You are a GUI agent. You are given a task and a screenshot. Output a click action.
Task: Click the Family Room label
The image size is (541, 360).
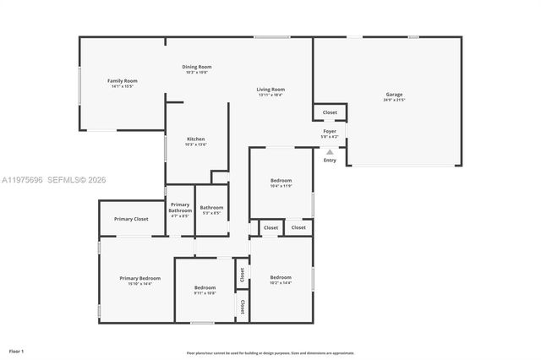[122, 80]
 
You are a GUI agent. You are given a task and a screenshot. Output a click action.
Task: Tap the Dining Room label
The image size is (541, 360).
[197, 67]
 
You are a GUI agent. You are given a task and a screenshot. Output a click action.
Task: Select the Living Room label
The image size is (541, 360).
[270, 90]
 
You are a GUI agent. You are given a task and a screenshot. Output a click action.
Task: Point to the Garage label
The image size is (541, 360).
[394, 95]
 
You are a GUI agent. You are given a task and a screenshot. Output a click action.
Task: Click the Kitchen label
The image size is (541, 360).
[196, 139]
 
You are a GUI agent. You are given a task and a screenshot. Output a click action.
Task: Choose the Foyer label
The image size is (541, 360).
[330, 131]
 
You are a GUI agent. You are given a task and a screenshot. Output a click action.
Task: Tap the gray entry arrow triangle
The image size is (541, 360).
[330, 152]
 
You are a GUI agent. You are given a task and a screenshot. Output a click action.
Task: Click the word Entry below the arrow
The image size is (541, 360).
[330, 161]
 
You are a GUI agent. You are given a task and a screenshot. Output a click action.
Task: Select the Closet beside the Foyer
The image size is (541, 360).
[330, 112]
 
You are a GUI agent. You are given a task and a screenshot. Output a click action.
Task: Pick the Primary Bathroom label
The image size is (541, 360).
[180, 207]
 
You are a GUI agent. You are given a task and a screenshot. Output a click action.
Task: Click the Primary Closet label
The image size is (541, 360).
[131, 219]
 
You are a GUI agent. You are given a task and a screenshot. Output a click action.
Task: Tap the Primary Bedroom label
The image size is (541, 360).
[139, 278]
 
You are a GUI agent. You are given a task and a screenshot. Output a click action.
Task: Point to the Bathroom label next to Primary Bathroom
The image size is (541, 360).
[211, 208]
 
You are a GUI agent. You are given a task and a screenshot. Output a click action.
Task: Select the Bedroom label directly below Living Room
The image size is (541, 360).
[281, 180]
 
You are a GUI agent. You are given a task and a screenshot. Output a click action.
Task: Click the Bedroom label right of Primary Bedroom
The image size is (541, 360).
[205, 287]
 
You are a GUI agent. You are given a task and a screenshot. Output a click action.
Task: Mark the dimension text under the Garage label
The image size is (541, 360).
[394, 101]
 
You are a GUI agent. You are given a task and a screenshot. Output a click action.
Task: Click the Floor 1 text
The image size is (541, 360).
[16, 351]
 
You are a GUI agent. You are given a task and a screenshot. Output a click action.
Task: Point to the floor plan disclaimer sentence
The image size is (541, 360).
[270, 353]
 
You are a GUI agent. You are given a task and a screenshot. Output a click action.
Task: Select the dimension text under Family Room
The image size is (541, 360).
[122, 86]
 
